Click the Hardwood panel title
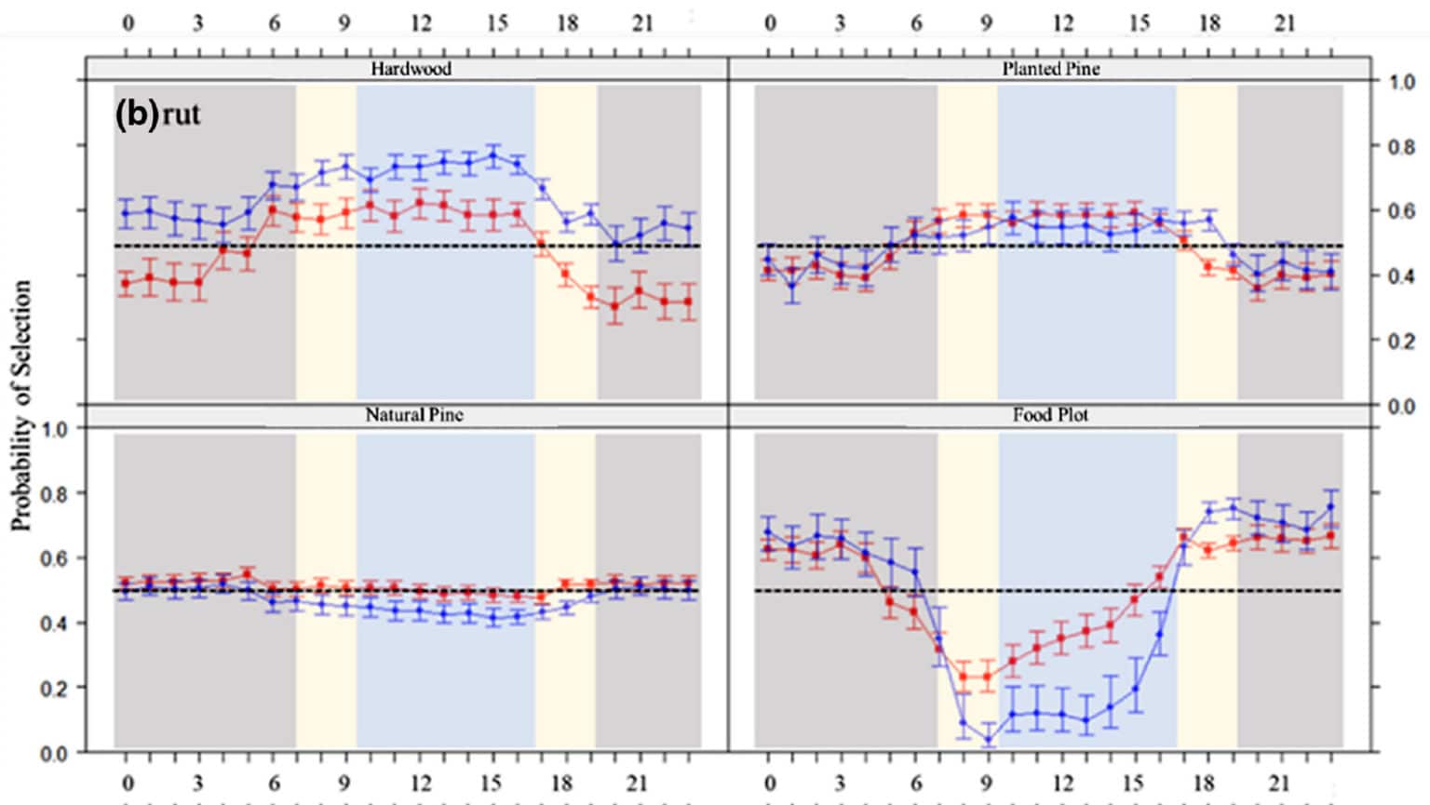(411, 69)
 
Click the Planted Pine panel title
(1050, 69)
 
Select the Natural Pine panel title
(413, 415)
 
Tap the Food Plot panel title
(1050, 415)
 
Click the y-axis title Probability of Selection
(21, 405)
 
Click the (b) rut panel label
(157, 114)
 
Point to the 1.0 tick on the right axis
(1402, 82)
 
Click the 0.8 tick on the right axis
(1402, 147)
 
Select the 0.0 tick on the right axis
(1402, 406)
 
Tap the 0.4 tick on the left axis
(54, 624)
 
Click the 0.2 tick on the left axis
(54, 689)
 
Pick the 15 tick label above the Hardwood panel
(497, 22)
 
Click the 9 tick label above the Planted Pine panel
(986, 22)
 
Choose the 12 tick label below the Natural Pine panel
(421, 783)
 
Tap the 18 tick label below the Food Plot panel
(1204, 783)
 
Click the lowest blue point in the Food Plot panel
(988, 741)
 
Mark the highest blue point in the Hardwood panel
(493, 155)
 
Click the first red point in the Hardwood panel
(126, 284)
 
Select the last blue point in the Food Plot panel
(1329, 507)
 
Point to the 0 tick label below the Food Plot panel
(769, 783)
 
